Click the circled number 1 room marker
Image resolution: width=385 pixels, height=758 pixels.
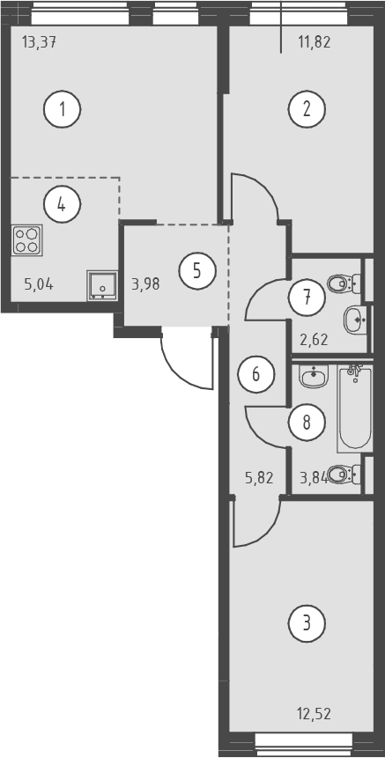(x=63, y=110)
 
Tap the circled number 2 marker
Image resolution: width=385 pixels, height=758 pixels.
(x=307, y=110)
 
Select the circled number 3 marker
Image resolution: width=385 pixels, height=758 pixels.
(x=307, y=623)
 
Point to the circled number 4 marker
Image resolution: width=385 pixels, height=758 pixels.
(x=63, y=204)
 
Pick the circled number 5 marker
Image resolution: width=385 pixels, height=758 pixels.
(x=197, y=271)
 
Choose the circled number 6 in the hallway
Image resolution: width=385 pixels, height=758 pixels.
(x=256, y=373)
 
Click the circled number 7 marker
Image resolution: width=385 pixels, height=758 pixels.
(x=307, y=298)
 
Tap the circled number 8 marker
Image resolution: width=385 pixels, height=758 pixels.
(x=307, y=423)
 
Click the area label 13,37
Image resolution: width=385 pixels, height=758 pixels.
(x=40, y=43)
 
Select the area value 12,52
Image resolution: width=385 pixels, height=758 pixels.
(x=314, y=713)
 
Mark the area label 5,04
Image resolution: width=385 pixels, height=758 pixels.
(x=39, y=283)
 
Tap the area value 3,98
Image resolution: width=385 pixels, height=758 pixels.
(x=145, y=283)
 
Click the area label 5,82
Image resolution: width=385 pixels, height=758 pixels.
(x=259, y=478)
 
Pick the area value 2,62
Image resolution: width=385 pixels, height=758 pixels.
(x=314, y=339)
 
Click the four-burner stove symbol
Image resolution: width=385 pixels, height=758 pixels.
(x=26, y=240)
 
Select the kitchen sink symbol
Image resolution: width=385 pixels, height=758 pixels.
(x=102, y=285)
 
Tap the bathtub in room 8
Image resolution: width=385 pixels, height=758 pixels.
(x=355, y=408)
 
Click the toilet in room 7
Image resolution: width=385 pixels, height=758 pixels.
(x=344, y=283)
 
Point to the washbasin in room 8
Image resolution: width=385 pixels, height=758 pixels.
(x=314, y=376)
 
